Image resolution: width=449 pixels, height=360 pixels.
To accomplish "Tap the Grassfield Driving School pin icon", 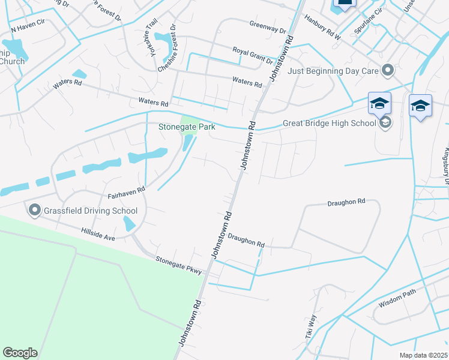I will pyautogui.click(x=34, y=210).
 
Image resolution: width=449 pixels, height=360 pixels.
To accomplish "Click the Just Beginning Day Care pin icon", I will pyautogui.click(x=388, y=71).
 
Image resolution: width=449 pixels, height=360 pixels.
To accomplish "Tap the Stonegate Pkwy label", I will pyautogui.click(x=178, y=265).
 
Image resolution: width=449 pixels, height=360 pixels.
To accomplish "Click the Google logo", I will pyautogui.click(x=20, y=353).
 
